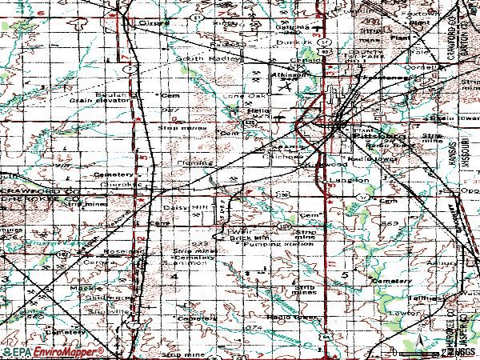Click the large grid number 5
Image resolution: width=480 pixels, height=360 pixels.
pyautogui.click(x=346, y=274)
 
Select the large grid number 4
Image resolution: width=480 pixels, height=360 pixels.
pyautogui.click(x=174, y=275)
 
